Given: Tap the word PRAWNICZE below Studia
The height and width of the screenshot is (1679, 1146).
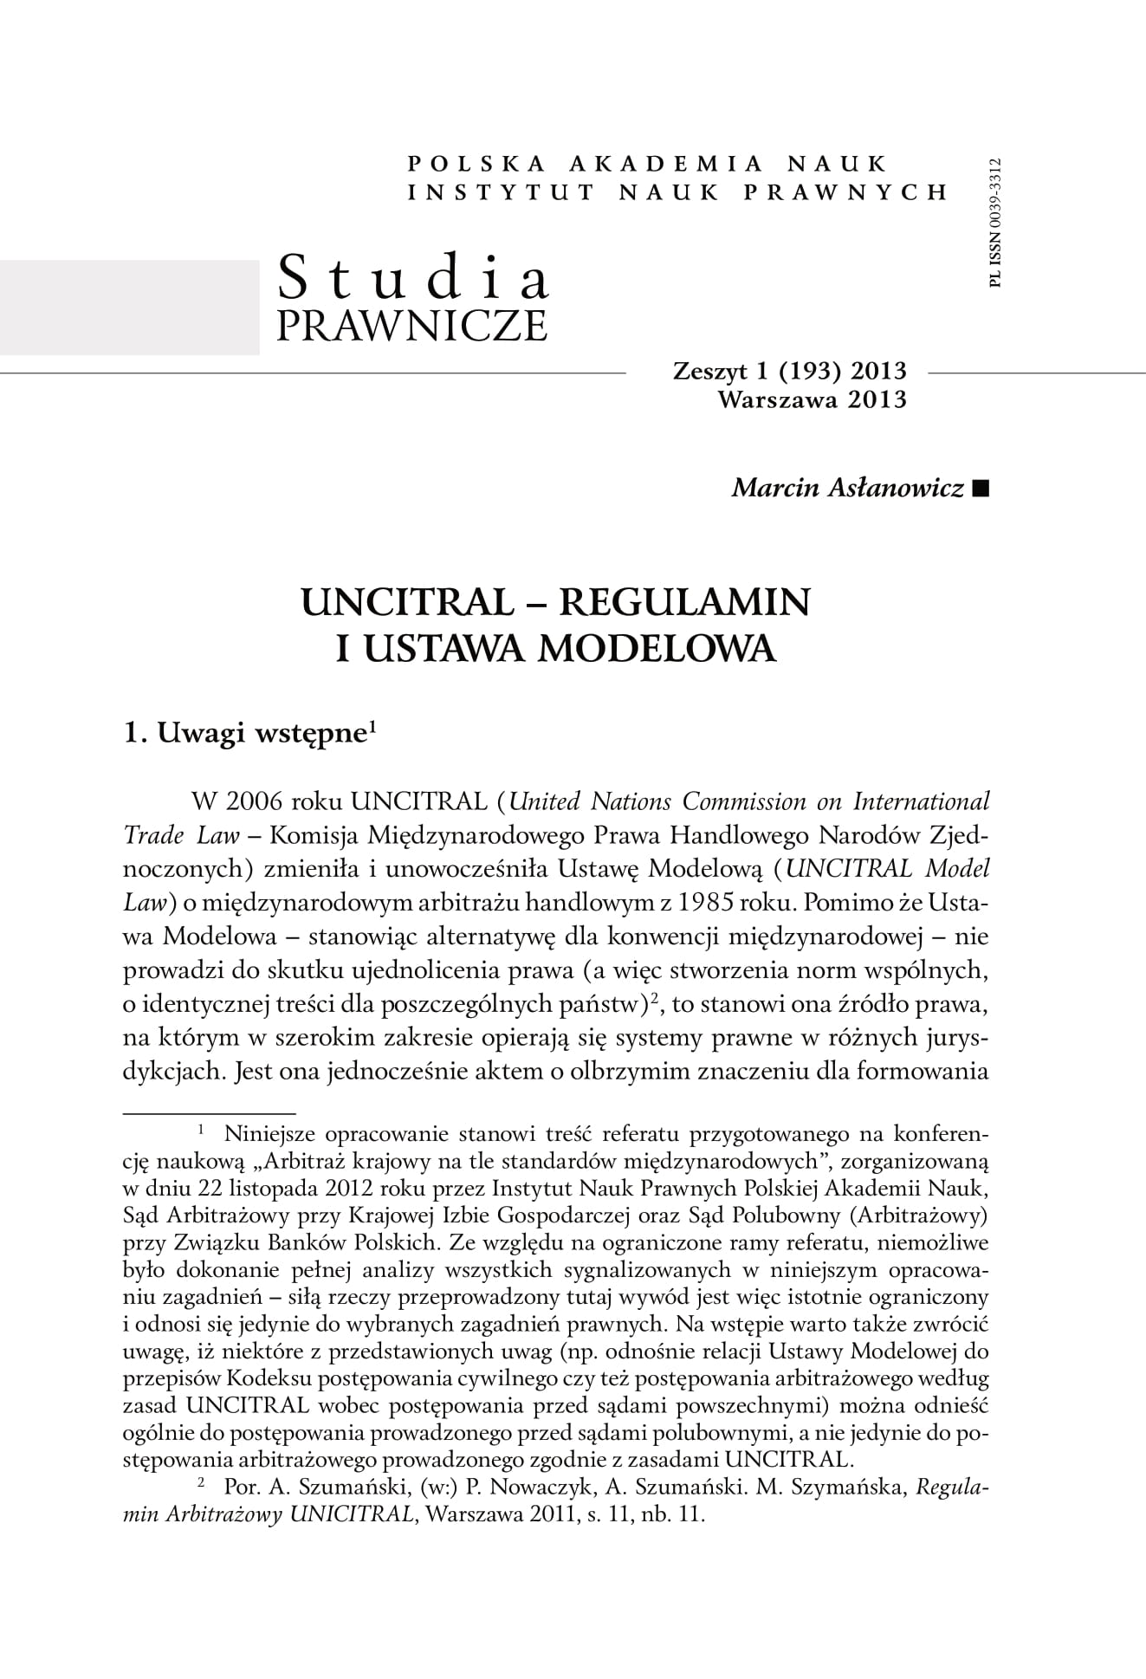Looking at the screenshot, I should [x=411, y=325].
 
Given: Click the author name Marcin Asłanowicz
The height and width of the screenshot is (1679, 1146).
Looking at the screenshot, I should [x=847, y=489].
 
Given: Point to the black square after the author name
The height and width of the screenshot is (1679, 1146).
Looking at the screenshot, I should [x=981, y=489].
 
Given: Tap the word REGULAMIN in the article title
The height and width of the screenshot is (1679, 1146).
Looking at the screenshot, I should [x=683, y=602].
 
